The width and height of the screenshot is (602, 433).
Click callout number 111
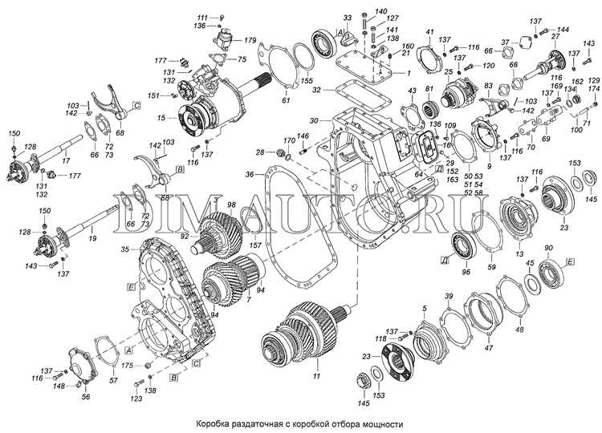tap(201, 17)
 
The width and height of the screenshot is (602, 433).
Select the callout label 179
tap(250, 39)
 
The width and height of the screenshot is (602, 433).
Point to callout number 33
tap(324, 17)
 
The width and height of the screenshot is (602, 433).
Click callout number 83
tap(488, 86)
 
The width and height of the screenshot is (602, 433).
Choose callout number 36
tap(250, 174)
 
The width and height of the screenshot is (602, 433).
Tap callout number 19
tap(92, 239)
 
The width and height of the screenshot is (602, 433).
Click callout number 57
tap(112, 380)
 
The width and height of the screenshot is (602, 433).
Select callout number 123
tap(137, 399)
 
